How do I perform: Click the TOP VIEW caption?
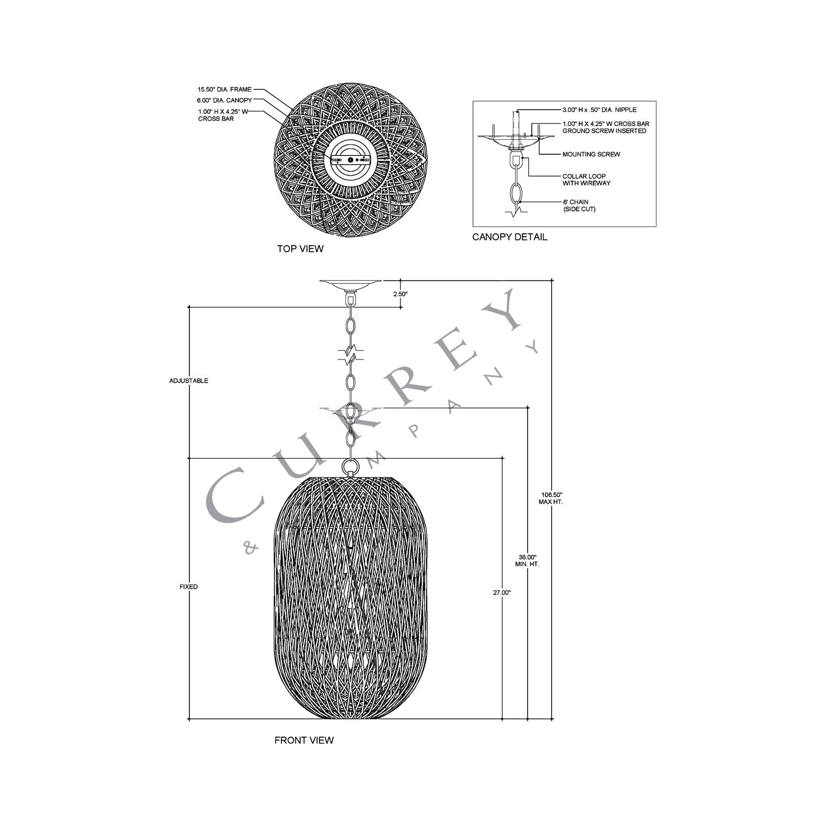(300, 249)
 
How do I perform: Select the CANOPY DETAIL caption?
(509, 237)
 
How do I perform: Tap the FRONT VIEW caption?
(304, 740)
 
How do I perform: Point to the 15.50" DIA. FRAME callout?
(225, 89)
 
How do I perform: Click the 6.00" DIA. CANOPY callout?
(224, 100)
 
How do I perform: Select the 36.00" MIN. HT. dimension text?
(527, 561)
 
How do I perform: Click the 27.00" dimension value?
(502, 593)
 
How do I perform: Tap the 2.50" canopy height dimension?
(400, 294)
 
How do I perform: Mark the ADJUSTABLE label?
(189, 381)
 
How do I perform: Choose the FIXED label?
(188, 587)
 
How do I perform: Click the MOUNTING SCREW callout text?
(591, 154)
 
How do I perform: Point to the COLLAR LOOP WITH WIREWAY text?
(586, 180)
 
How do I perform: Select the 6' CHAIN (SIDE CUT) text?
(578, 205)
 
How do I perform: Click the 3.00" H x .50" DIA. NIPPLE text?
(599, 110)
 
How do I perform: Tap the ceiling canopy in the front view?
(350, 285)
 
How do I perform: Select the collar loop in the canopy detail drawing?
(517, 160)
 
